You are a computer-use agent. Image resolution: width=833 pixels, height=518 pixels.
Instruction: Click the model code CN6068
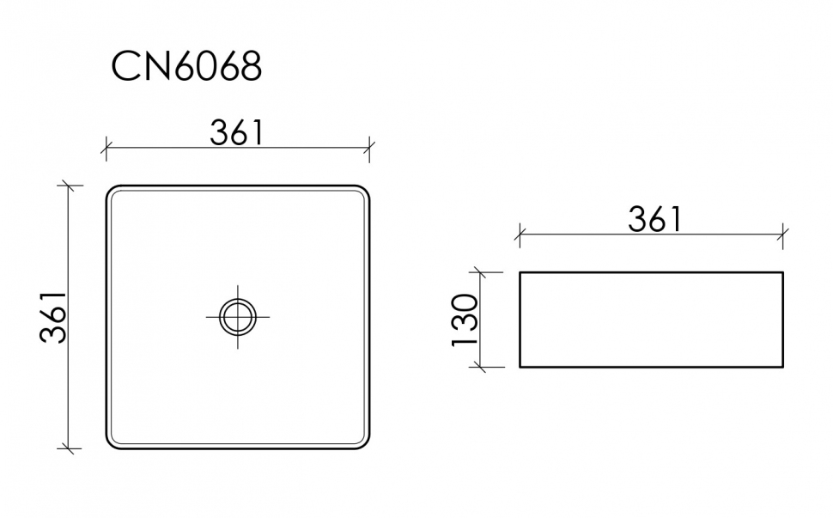186,66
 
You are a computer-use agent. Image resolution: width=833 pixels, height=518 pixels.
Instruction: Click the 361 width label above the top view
236,132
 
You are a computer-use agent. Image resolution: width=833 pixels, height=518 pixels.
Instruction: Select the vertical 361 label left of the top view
53,317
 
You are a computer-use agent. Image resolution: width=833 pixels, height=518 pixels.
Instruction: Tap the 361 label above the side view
654,219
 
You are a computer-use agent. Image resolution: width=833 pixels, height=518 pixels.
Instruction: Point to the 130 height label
465,320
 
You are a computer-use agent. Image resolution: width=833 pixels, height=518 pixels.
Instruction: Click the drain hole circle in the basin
238,316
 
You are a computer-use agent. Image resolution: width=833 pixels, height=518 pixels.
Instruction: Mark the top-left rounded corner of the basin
112,190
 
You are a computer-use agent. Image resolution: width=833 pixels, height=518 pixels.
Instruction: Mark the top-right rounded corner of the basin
364,190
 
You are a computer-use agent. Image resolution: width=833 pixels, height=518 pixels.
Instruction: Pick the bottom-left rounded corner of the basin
112,444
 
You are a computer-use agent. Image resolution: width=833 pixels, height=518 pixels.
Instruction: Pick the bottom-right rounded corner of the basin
364,444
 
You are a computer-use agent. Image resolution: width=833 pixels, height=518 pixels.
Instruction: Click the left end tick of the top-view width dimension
106,149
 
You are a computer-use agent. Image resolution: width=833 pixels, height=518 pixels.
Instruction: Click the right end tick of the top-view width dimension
369,149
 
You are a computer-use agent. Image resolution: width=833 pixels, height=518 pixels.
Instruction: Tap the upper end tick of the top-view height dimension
70,186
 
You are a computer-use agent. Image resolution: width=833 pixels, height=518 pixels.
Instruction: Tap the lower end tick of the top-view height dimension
70,448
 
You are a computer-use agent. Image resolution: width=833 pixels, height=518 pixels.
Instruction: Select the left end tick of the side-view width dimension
520,233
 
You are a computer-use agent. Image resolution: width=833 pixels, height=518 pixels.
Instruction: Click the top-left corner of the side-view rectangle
520,273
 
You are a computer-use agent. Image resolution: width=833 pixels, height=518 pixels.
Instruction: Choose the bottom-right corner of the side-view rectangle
782,367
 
